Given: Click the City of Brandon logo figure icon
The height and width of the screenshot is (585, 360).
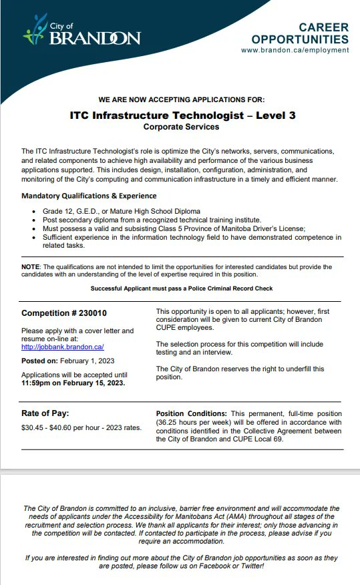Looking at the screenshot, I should click(35, 30).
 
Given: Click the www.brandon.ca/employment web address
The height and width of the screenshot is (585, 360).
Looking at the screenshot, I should click(295, 50).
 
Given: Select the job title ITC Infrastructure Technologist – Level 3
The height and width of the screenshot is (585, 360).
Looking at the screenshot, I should click(182, 115).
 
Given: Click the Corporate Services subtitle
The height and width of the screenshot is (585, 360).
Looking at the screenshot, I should click(181, 126).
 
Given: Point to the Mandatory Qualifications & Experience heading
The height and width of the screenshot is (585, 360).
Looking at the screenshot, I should click(89, 196).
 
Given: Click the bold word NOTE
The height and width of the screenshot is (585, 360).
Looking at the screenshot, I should click(31, 266).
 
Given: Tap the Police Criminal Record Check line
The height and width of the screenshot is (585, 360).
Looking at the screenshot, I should click(181, 288).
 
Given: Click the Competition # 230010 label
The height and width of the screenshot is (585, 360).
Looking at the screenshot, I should click(64, 313).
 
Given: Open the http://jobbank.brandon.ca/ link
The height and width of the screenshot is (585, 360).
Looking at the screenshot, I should click(62, 347).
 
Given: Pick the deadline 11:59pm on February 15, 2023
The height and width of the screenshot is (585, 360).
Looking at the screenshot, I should click(73, 383).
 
